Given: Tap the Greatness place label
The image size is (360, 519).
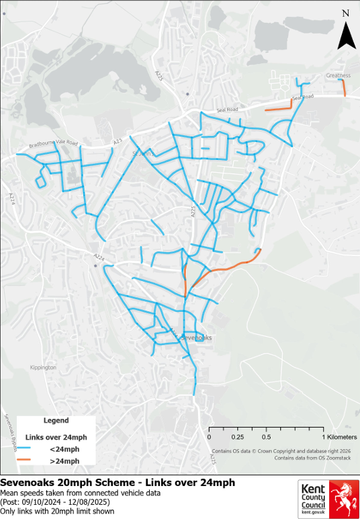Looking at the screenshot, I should click(338, 75).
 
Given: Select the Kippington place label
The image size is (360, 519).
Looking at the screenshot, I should click(43, 368).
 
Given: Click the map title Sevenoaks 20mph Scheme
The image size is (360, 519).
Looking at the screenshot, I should click(118, 483).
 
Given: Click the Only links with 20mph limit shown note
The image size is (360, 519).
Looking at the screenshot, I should click(57, 511).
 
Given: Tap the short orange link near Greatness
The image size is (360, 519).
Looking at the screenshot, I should click(343, 88).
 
